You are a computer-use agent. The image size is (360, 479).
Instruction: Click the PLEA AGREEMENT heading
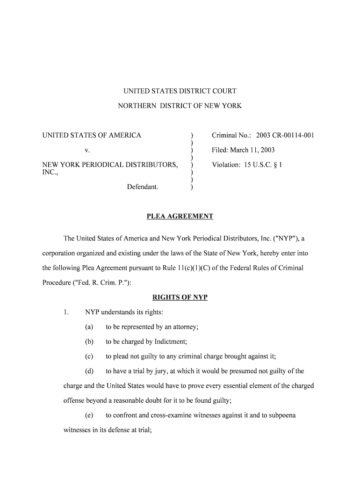point(180,216)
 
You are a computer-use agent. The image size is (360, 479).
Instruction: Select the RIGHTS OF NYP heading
point(180,297)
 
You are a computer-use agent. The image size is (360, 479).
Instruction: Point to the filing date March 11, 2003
point(258,150)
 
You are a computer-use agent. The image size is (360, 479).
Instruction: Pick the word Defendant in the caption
point(143,187)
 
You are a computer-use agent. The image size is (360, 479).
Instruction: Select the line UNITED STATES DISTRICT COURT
point(180,91)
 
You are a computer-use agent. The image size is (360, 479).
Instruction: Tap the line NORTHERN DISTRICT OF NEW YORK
point(180,106)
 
